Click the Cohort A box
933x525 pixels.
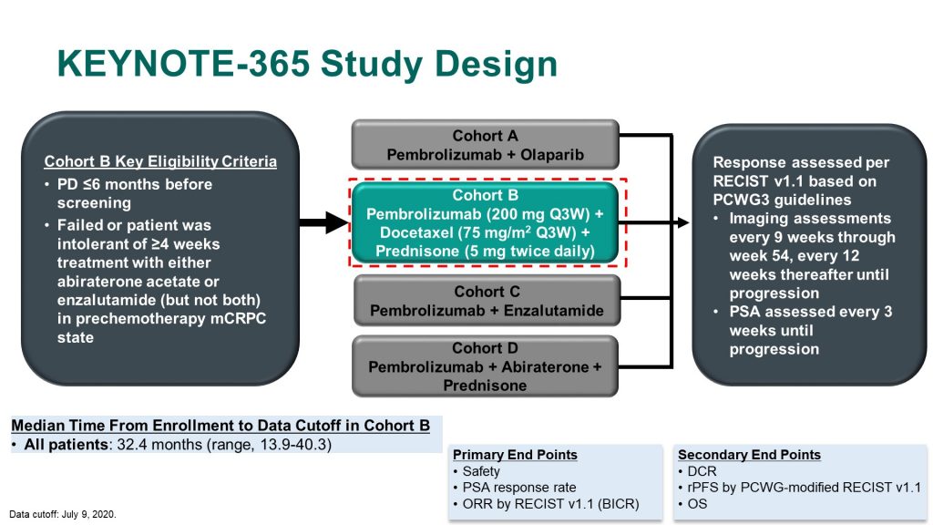tap(485, 145)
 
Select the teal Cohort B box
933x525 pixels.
tap(485, 222)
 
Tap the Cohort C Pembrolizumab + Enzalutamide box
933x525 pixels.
tap(487, 301)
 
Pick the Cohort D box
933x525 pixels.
tap(485, 366)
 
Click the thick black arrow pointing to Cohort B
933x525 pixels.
tap(323, 222)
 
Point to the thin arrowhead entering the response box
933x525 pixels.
tap(683, 222)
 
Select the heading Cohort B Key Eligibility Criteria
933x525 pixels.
tap(160, 161)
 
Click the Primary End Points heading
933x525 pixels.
tap(515, 455)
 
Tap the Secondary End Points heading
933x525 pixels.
tap(749, 455)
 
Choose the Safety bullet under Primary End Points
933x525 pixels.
tap(481, 471)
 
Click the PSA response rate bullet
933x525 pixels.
tap(518, 488)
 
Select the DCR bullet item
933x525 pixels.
tap(702, 471)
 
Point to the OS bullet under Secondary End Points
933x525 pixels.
tap(697, 503)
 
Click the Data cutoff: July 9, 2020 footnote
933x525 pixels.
tap(63, 514)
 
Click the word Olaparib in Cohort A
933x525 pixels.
tap(552, 155)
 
